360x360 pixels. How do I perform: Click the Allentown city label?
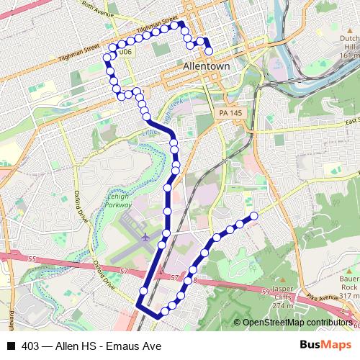pos(207,66)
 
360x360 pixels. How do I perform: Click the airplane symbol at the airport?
pos(145,236)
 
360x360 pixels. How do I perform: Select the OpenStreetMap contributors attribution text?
pos(297,323)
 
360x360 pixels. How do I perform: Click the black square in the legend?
pos(10,346)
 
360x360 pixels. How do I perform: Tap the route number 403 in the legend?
pos(30,346)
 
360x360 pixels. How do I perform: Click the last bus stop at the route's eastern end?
pos(253,216)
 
